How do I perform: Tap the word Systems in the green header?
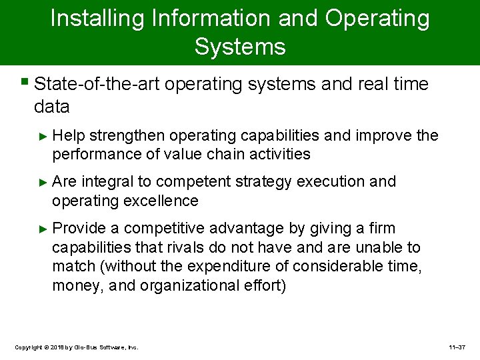[240, 47]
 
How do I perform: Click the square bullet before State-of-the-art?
[25, 84]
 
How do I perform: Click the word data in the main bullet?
[51, 106]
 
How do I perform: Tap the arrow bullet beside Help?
[44, 136]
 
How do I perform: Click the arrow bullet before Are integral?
[44, 182]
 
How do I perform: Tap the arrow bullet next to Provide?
[44, 229]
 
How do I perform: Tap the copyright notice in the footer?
[76, 347]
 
